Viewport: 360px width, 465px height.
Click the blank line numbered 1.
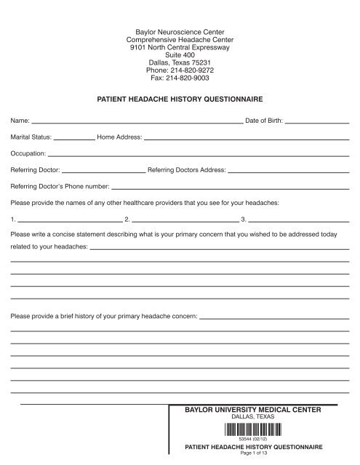click(69, 219)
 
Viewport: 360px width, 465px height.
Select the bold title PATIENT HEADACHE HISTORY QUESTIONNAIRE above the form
click(180, 97)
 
